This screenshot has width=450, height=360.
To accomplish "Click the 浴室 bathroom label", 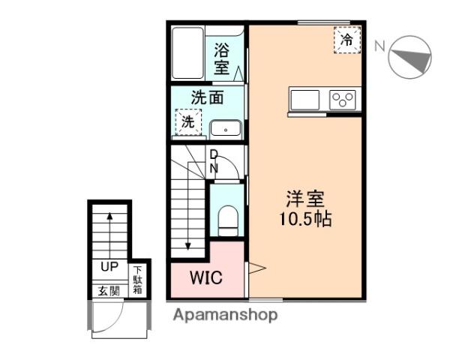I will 222,58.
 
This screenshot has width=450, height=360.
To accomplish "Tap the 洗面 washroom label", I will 207,97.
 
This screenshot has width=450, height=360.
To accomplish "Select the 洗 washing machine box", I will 187,121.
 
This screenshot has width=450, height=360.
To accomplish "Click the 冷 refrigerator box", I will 346,40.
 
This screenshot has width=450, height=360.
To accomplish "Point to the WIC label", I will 205,277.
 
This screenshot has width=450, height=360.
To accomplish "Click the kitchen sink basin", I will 304,100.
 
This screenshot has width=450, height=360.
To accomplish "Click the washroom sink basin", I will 225,128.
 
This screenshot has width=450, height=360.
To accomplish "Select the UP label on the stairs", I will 109,266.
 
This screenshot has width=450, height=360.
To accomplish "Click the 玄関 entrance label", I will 109,290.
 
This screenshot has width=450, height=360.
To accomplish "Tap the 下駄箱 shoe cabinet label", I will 139,280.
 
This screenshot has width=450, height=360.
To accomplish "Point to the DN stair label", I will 213,161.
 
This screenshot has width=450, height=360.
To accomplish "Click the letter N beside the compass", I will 379,46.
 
